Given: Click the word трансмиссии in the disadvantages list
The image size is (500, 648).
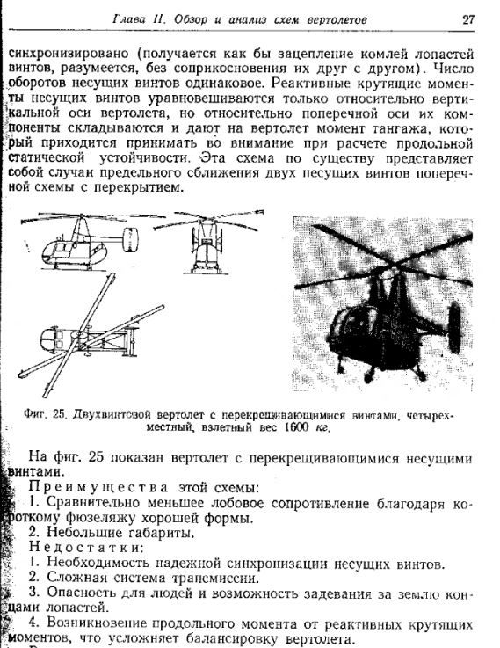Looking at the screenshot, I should coord(217,579).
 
